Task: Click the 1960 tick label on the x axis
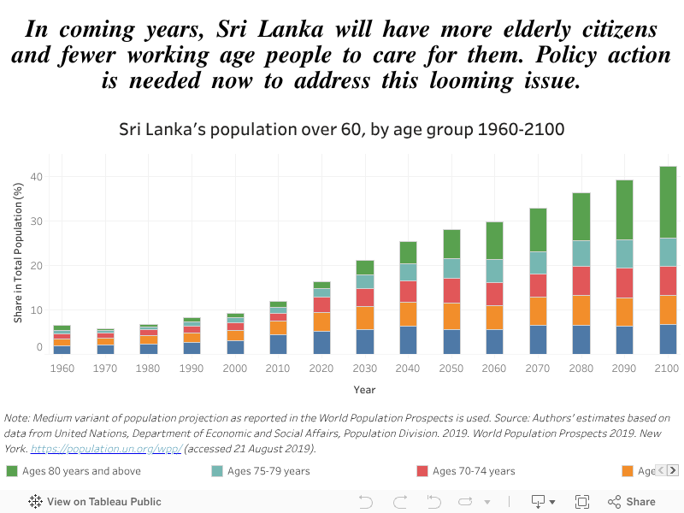pos(62,369)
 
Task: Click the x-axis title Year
pos(364,390)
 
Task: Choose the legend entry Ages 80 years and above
pos(73,471)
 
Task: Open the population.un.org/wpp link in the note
pos(106,449)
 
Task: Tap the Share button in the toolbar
pos(632,502)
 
